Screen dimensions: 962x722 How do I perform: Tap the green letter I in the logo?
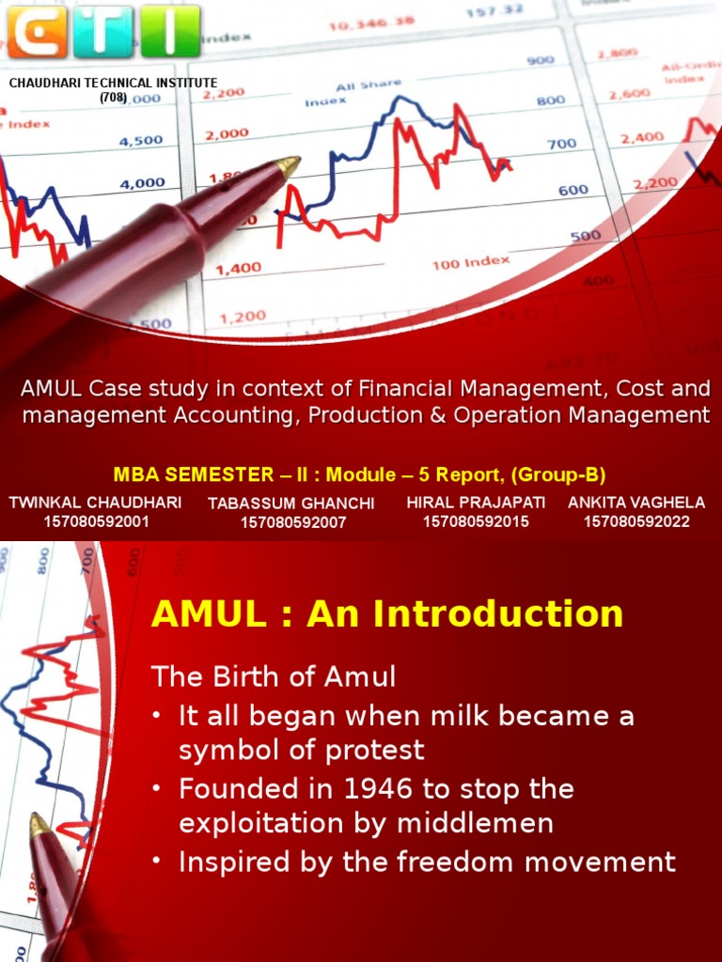(170, 31)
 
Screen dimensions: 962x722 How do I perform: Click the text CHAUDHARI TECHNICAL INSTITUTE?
(113, 84)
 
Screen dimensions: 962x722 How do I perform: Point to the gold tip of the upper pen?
(290, 166)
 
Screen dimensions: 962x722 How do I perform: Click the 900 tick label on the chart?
(541, 61)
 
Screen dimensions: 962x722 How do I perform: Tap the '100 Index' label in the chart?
(471, 262)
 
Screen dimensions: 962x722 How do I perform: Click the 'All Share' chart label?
(369, 85)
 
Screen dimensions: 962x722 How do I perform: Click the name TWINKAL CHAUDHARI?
(96, 503)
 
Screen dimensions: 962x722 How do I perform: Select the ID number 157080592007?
(291, 522)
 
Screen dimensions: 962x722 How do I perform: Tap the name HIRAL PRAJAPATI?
(476, 503)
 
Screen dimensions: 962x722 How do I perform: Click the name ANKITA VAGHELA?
(636, 503)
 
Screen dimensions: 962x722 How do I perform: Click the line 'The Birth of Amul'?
(274, 676)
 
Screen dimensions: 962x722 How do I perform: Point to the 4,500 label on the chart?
(142, 142)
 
